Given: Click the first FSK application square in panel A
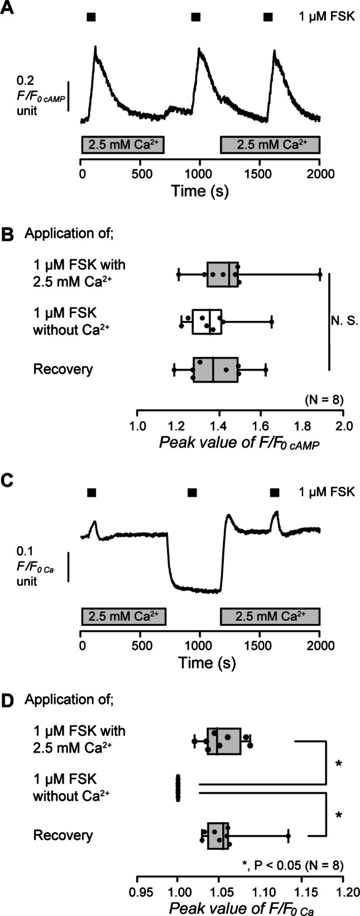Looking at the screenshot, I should point(92,17).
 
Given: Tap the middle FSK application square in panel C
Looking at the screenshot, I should point(192,492).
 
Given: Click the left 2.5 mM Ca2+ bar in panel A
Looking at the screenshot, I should point(123,145).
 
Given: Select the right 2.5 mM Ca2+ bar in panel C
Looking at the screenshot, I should point(270,617).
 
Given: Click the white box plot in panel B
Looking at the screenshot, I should point(207,322).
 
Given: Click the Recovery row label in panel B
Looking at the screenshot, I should point(63,369).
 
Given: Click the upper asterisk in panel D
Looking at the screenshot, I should point(338,763).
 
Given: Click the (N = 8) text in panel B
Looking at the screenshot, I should point(324,400).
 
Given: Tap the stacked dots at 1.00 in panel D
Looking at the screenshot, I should point(178,787).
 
